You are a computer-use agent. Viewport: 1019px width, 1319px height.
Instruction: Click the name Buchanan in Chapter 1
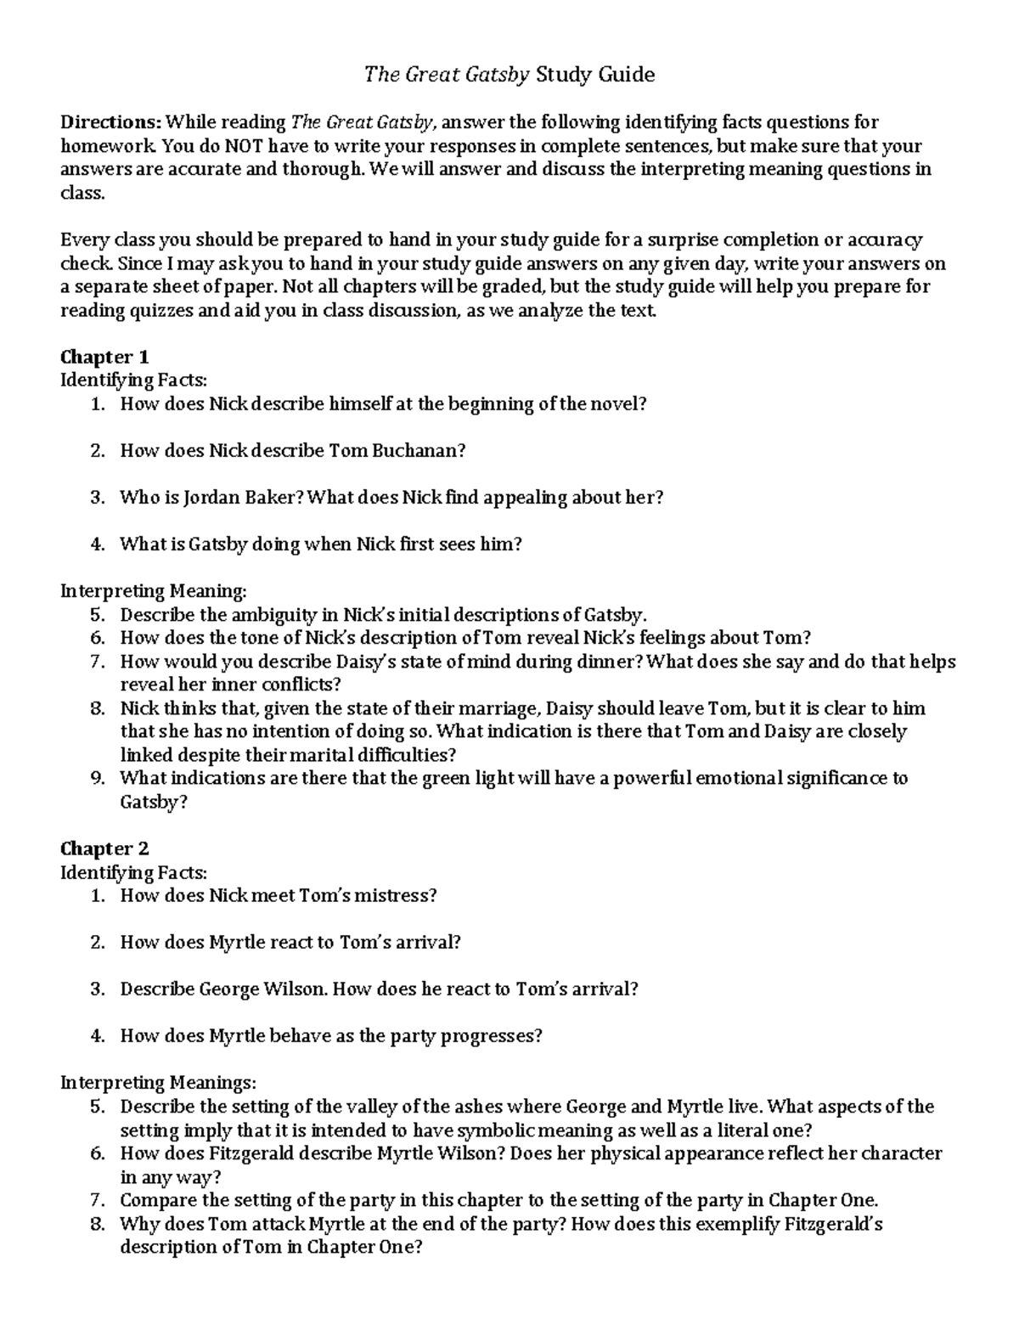(420, 451)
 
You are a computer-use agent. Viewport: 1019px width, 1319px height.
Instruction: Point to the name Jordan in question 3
(212, 498)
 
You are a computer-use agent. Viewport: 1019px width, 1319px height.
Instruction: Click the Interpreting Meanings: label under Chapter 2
(157, 1083)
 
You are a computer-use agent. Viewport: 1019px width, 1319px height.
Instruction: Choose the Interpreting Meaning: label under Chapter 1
(154, 591)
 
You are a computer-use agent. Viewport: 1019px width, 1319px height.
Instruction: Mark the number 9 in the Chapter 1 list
(96, 778)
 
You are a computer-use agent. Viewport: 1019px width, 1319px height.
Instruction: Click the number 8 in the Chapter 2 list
(96, 1224)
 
